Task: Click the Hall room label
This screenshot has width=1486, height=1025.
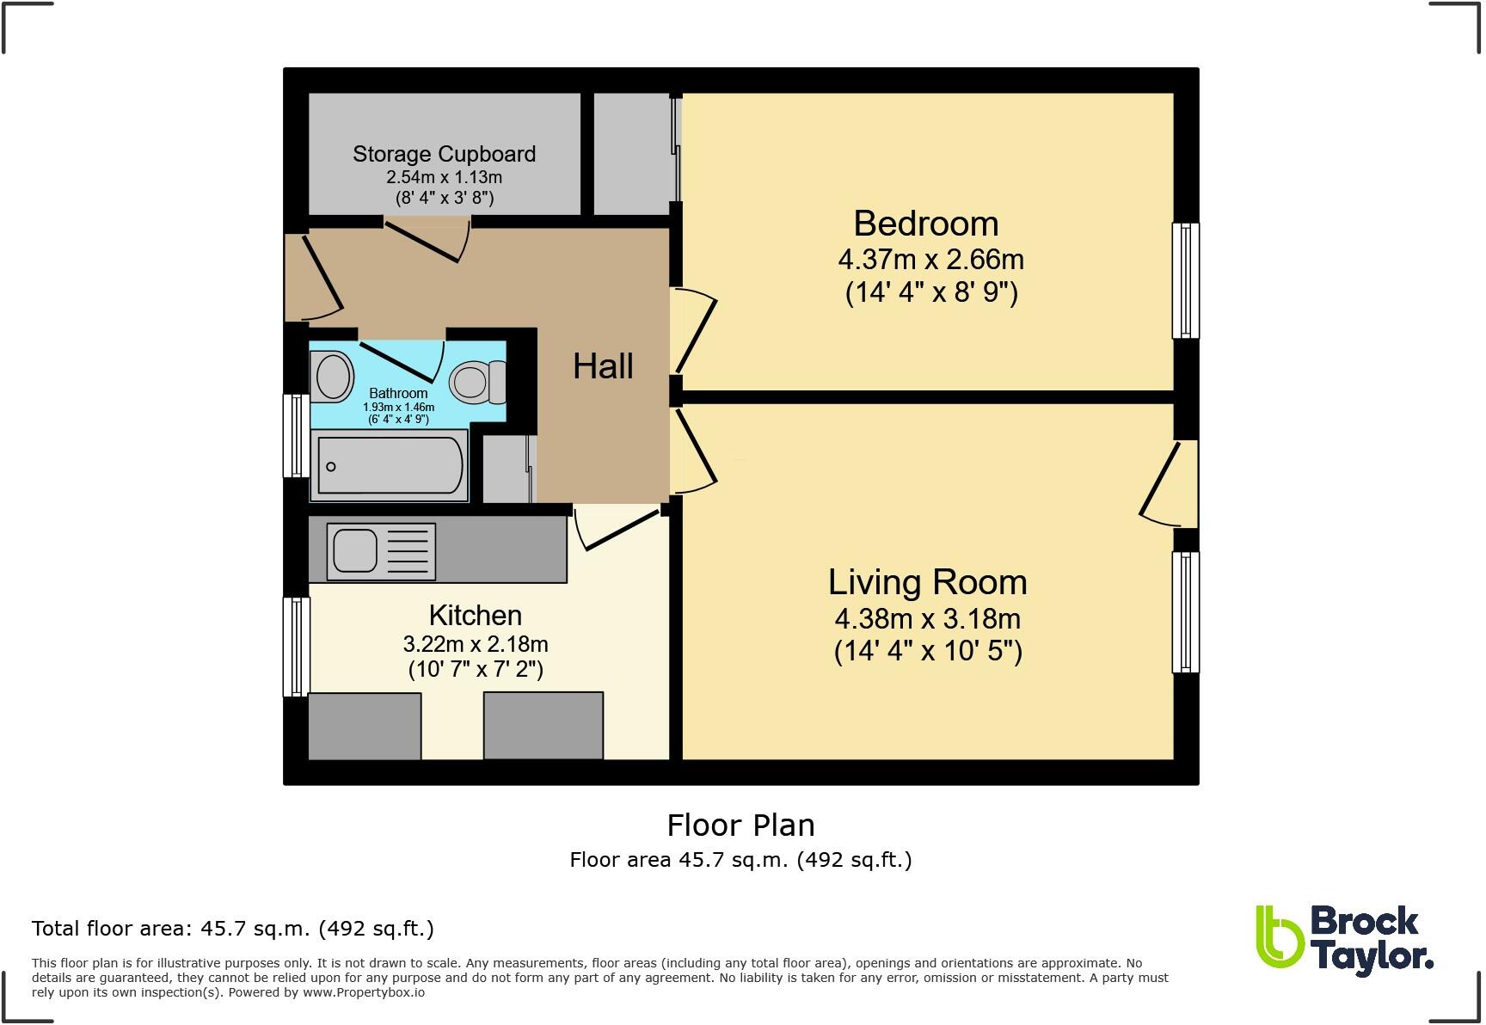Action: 603,366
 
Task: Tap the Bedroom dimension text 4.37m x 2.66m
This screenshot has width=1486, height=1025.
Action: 930,259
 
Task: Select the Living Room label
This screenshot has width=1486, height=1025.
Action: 927,582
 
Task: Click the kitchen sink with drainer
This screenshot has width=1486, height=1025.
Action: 380,551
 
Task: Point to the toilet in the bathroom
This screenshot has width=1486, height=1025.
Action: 476,381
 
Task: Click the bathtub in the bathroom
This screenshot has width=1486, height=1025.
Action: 390,466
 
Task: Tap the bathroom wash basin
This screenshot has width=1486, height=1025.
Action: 333,377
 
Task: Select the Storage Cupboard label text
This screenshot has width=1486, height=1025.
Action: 444,154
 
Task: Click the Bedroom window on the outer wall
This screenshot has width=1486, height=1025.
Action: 1185,280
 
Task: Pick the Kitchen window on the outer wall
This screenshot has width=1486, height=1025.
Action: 297,647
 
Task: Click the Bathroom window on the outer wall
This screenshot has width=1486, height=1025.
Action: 297,435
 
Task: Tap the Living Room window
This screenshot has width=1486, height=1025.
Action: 1185,611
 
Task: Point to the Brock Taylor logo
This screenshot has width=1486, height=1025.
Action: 1343,941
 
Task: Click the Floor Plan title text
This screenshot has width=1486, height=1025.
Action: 740,826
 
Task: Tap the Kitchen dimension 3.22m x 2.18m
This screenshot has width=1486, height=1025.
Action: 475,644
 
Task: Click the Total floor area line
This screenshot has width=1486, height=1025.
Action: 232,929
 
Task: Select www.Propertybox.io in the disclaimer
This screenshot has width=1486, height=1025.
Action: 363,992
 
